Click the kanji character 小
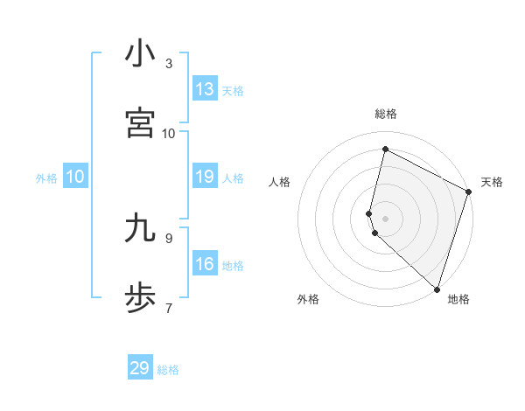pyautogui.click(x=140, y=54)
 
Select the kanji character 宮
pyautogui.click(x=140, y=122)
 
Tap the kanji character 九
pyautogui.click(x=140, y=228)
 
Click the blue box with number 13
pyautogui.click(x=205, y=89)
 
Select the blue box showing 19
pyautogui.click(x=205, y=178)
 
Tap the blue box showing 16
pyautogui.click(x=205, y=265)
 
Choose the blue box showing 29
pyautogui.click(x=140, y=368)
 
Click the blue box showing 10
pyautogui.click(x=75, y=178)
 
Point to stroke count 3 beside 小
pyautogui.click(x=169, y=63)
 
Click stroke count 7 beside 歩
pyautogui.click(x=169, y=308)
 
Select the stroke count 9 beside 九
pyautogui.click(x=169, y=237)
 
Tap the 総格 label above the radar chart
pyautogui.click(x=386, y=114)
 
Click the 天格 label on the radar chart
pyautogui.click(x=492, y=182)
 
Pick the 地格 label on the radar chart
pyautogui.click(x=458, y=299)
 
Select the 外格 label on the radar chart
pyautogui.click(x=308, y=299)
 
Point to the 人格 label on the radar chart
pyautogui.click(x=280, y=182)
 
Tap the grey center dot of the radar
pyautogui.click(x=386, y=218)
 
